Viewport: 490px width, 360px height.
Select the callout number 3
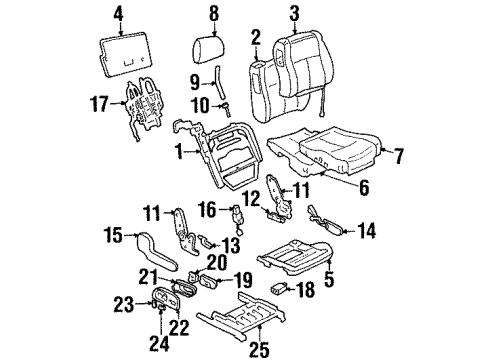pyautogui.click(x=293, y=13)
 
